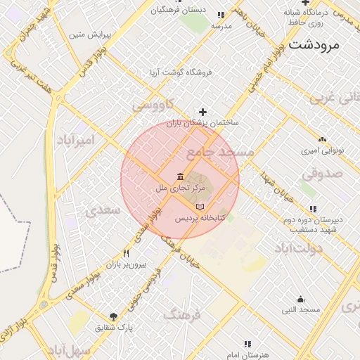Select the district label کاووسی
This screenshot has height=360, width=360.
point(150,105)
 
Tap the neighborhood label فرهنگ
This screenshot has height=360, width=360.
point(181,314)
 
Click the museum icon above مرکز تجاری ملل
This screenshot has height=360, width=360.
point(181,176)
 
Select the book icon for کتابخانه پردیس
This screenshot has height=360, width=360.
point(202,207)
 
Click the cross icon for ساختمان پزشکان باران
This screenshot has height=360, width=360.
point(203,111)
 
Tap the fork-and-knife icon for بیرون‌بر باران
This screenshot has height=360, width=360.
point(127,253)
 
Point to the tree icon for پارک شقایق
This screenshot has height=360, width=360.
point(114,316)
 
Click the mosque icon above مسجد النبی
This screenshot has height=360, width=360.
point(301,299)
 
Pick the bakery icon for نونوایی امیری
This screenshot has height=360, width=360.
point(322,139)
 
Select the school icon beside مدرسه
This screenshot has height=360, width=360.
point(221,15)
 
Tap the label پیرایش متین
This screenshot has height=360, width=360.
point(86,34)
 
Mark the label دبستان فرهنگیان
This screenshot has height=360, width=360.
point(179,10)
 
